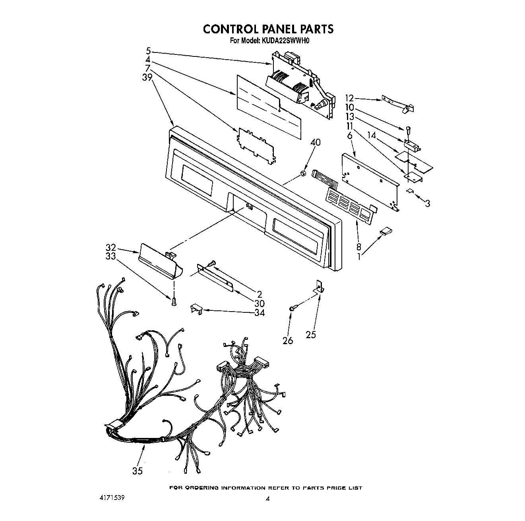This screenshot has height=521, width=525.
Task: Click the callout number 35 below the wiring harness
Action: click(138, 471)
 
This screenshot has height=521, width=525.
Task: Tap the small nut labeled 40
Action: click(302, 173)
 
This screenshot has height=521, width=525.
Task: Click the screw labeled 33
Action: click(174, 302)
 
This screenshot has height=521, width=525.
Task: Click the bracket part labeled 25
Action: click(319, 287)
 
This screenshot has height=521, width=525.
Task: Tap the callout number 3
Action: click(427, 203)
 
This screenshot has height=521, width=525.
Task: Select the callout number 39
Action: click(147, 77)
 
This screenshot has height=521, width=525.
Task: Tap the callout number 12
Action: click(349, 98)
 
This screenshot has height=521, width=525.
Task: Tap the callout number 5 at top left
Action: click(148, 50)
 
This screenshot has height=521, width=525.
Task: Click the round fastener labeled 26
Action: click(292, 308)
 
